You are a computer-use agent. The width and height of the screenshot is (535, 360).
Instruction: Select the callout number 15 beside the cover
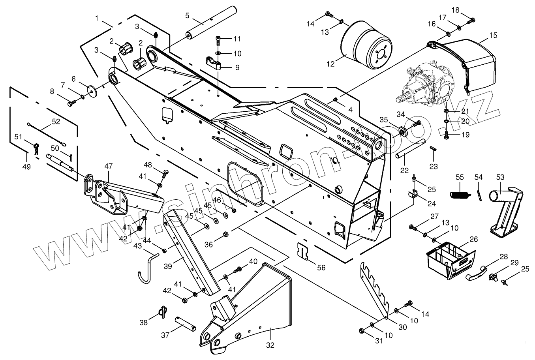493,35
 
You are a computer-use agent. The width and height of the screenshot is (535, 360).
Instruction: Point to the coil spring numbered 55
460,193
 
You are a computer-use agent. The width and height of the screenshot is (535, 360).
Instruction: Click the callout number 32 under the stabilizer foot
270,345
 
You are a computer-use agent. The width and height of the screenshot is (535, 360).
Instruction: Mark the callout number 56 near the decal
321,267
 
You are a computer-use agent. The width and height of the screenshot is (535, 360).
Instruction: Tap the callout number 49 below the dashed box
26,167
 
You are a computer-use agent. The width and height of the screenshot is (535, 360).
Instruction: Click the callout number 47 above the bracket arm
108,167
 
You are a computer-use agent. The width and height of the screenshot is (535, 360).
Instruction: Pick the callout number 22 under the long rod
404,171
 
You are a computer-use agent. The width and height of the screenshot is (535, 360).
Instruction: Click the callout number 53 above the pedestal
500,178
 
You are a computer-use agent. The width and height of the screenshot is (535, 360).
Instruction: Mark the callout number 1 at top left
98,18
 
